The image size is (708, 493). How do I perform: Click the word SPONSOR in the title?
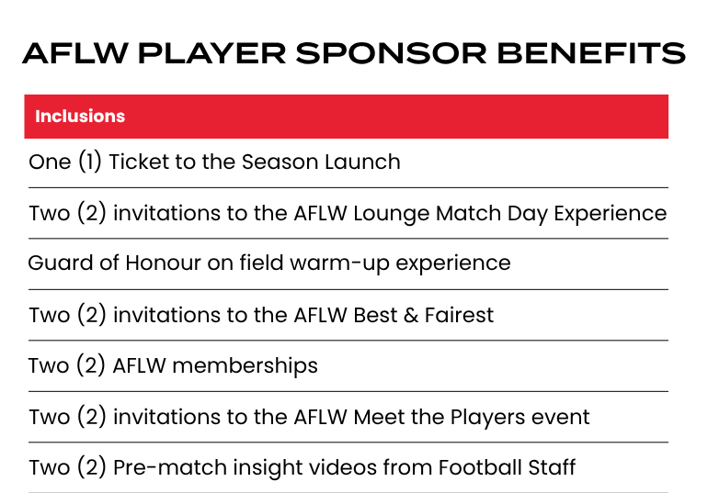pyautogui.click(x=391, y=53)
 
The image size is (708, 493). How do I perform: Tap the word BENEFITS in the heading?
pyautogui.click(x=591, y=53)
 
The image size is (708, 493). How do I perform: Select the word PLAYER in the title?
pyautogui.click(x=211, y=53)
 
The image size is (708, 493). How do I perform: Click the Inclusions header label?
pyautogui.click(x=80, y=117)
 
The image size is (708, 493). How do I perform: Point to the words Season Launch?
pyautogui.click(x=321, y=162)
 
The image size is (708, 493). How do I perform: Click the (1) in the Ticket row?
pyautogui.click(x=90, y=162)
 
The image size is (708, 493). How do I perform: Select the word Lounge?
pyautogui.click(x=391, y=214)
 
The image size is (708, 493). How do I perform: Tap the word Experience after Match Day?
pyautogui.click(x=610, y=214)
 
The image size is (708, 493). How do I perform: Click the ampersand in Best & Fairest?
pyautogui.click(x=411, y=315)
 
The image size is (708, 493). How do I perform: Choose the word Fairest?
pyautogui.click(x=459, y=315)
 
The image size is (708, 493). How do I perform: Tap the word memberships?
pyautogui.click(x=246, y=365)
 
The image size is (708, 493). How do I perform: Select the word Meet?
pyautogui.click(x=379, y=417)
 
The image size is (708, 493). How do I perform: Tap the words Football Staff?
pyautogui.click(x=507, y=467)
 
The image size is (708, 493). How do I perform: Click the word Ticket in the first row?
pyautogui.click(x=139, y=162)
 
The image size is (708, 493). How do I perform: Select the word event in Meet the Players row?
pyautogui.click(x=560, y=418)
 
